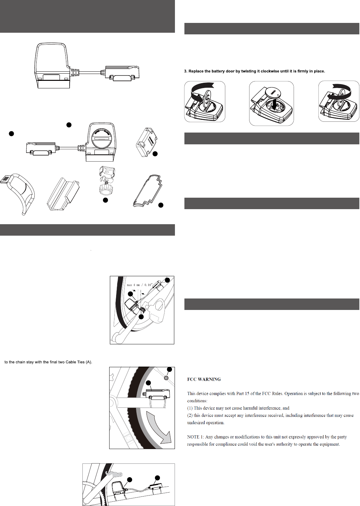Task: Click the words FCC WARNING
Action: coord(204,379)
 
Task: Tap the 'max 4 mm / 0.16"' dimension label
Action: coord(139,285)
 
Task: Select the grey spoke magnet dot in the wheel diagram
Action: coord(166,378)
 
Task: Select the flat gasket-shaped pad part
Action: coord(147,191)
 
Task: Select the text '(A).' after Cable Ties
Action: coord(89,362)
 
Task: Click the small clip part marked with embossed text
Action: coord(146,142)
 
